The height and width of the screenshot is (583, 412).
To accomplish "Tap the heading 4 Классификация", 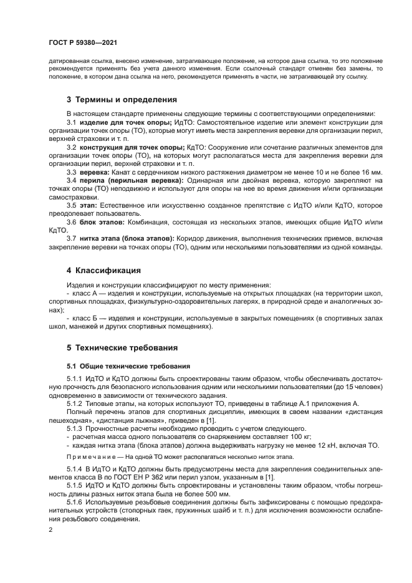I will (103, 270).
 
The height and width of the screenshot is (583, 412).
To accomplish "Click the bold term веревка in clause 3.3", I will (95, 171).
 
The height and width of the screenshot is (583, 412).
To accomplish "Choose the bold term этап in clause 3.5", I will (89, 204).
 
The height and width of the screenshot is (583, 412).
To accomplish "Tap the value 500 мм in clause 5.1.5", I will (226, 493).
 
